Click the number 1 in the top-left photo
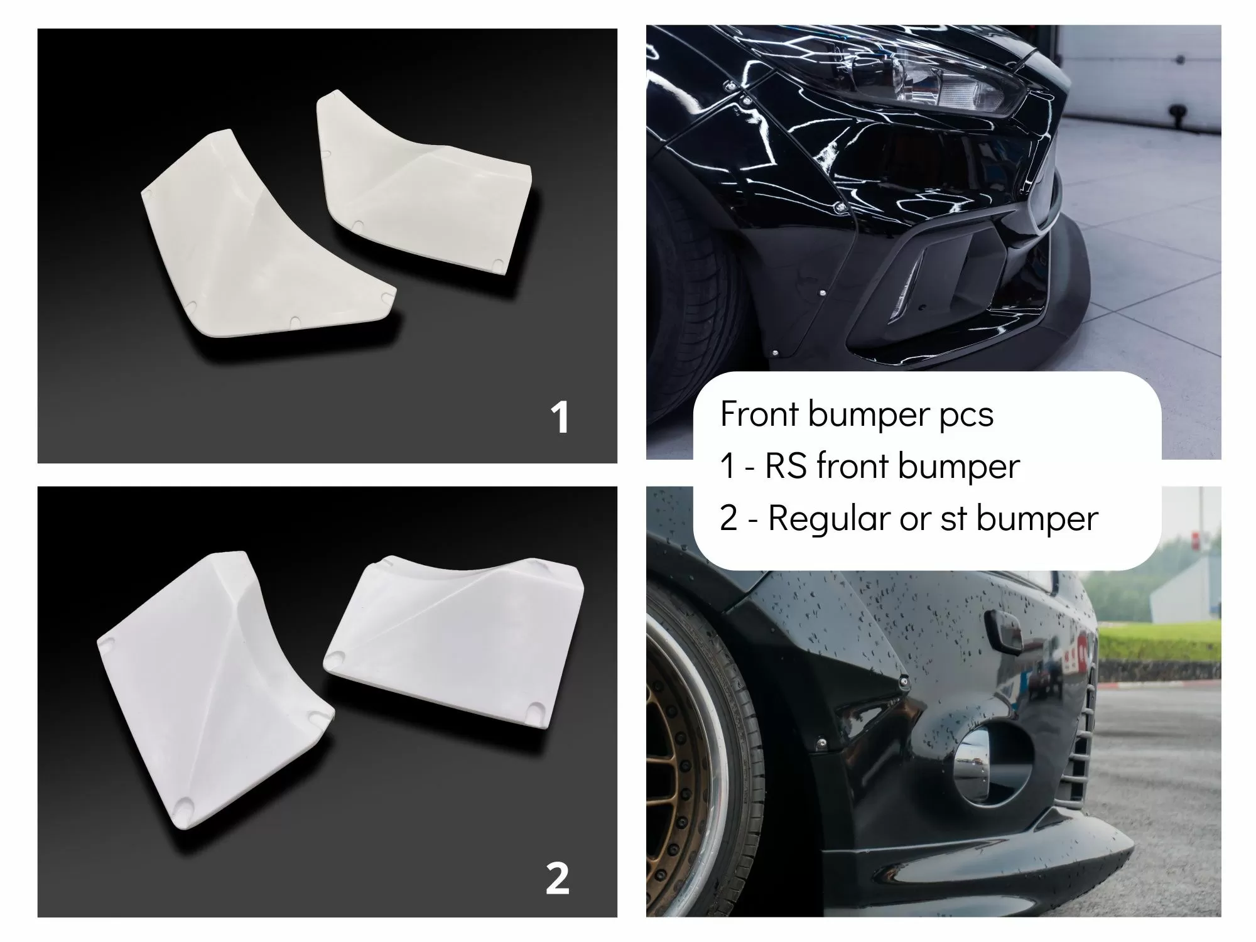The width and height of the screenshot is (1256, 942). pos(560,418)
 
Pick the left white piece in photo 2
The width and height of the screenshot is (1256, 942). pos(214,703)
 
